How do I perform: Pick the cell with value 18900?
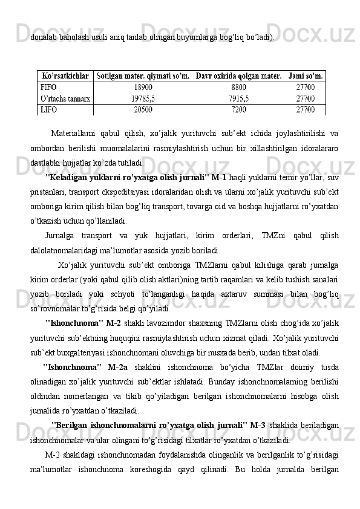[x=143, y=87]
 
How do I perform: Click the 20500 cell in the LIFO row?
[x=143, y=109]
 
